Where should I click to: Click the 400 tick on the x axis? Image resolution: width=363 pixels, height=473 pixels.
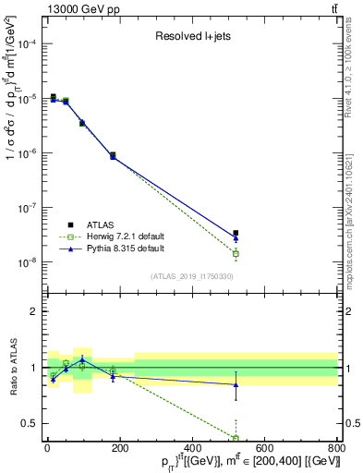[x=192, y=450]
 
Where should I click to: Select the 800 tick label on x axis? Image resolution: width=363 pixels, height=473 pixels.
[x=336, y=450]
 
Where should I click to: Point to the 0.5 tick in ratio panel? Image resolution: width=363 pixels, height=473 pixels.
[x=30, y=423]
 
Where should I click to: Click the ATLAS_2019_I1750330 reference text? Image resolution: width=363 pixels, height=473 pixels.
[x=192, y=276]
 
